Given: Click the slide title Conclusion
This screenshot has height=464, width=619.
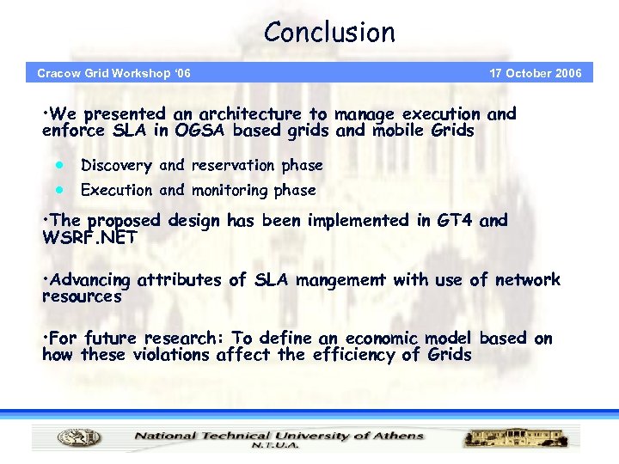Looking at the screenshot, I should (329, 33).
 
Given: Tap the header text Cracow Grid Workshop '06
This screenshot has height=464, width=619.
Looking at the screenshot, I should (113, 73).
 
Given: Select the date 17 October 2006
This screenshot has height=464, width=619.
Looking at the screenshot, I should (535, 73).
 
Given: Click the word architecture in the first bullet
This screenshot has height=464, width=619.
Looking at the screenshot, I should (250, 113).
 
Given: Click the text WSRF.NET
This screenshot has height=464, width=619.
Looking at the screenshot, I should (89, 237).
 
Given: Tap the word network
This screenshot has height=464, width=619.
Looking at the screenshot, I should (527, 279).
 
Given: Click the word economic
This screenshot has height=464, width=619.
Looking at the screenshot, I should (372, 339).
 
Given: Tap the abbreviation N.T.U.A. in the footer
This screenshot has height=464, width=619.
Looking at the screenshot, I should (275, 446).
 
